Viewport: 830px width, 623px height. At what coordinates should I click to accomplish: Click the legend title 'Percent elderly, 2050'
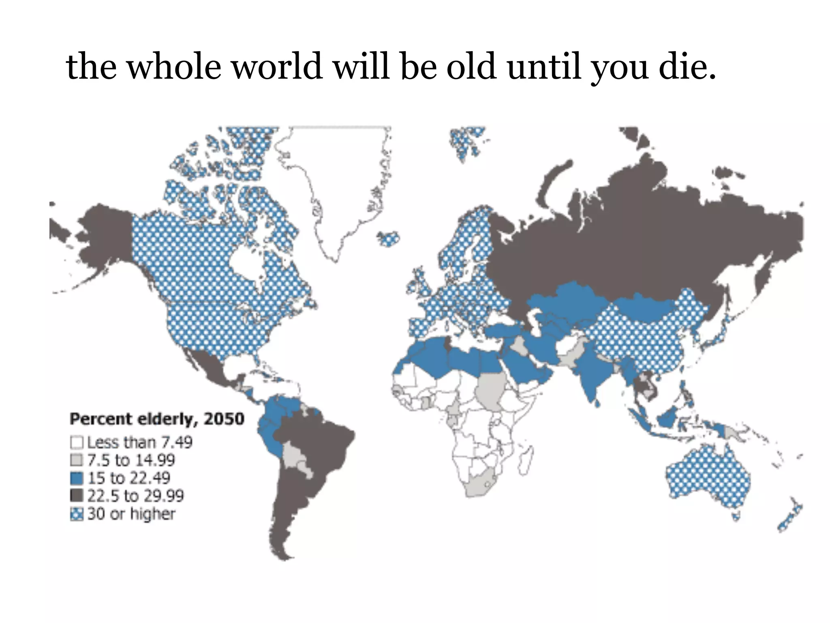click(x=157, y=419)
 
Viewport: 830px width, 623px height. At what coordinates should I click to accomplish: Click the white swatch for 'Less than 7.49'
click(x=77, y=442)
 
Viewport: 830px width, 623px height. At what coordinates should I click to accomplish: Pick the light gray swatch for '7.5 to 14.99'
click(x=77, y=460)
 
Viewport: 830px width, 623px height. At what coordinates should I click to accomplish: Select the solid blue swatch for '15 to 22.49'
click(x=77, y=478)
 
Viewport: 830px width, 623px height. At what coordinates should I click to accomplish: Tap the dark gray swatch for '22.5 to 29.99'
click(x=77, y=496)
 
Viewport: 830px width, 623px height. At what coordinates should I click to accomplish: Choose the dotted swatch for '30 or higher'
click(x=77, y=514)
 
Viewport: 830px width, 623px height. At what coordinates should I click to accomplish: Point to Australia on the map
click(x=707, y=479)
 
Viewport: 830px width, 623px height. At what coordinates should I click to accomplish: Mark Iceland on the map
click(x=388, y=238)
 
